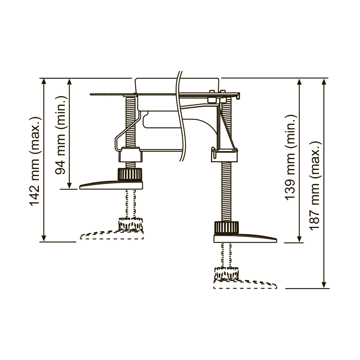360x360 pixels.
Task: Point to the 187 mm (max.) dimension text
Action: coord(315,185)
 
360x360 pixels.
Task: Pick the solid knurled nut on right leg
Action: coord(226,228)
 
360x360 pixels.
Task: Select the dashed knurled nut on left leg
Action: coord(130,224)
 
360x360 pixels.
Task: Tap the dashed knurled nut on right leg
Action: coord(226,273)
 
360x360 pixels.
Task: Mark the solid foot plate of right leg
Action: coord(245,238)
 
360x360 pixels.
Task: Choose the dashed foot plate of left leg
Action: coord(112,235)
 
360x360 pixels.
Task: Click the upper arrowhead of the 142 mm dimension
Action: coord(44,81)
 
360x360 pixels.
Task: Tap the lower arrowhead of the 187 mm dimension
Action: coord(324,284)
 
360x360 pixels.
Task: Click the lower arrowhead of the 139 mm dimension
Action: coord(299,238)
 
